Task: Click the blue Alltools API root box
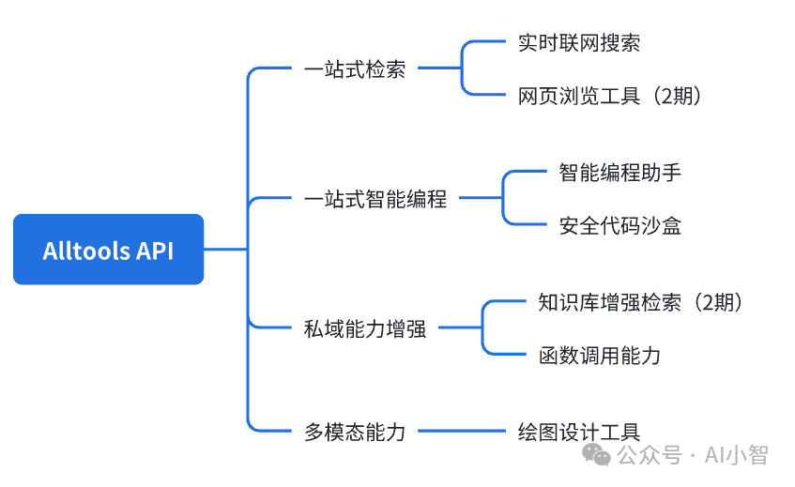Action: point(108,250)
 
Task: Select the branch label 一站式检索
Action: point(355,69)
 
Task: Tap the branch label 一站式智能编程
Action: point(375,199)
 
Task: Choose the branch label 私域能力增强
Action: point(365,328)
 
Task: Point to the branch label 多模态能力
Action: point(355,432)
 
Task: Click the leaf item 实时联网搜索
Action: point(579,42)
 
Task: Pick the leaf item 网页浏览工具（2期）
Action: point(610,96)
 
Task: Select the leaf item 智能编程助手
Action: point(619,173)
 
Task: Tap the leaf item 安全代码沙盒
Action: point(619,225)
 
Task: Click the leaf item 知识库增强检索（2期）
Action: point(641,302)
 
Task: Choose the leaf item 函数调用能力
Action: point(600,355)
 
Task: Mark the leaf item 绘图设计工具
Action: point(579,432)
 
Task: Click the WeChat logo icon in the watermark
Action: point(597,455)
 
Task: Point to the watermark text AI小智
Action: point(741,456)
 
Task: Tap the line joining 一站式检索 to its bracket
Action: point(439,68)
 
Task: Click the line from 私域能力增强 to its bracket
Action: point(460,328)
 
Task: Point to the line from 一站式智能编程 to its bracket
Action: point(480,198)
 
